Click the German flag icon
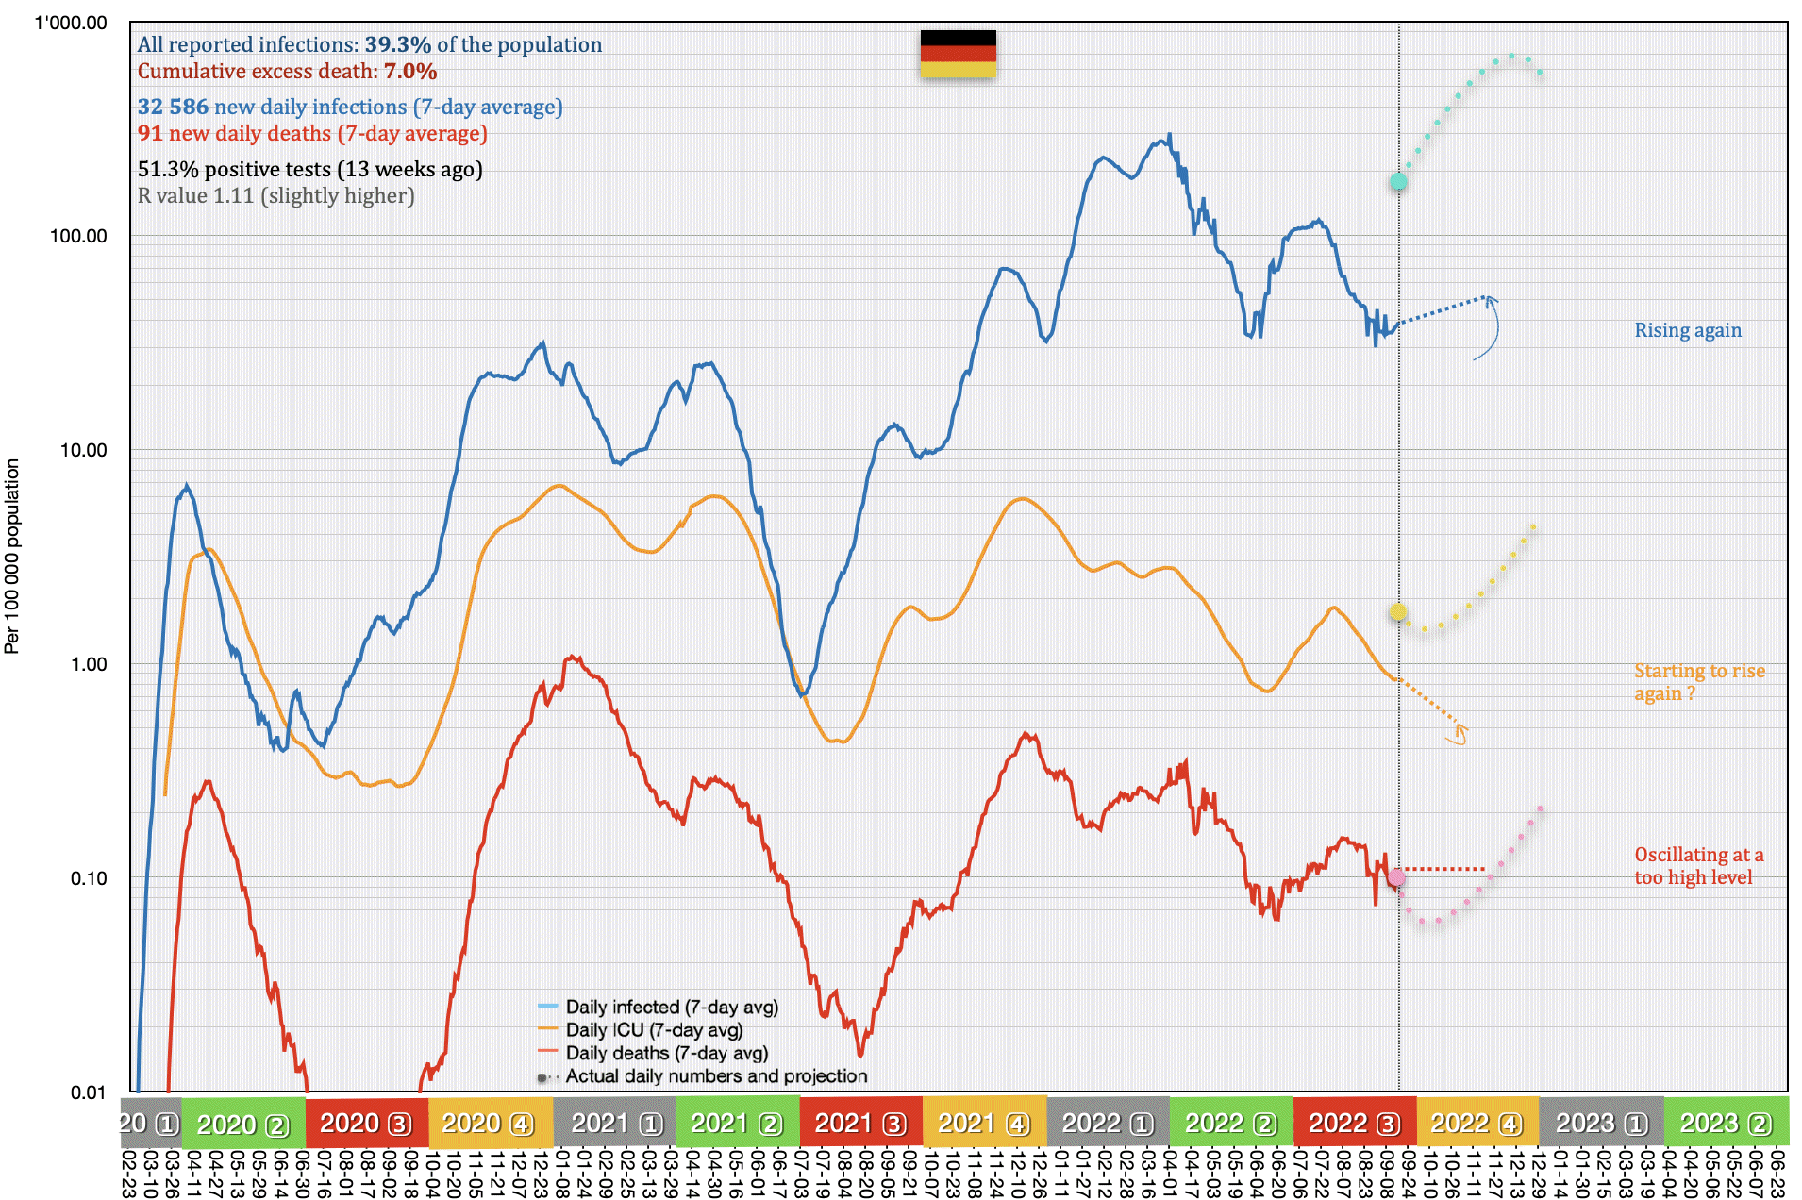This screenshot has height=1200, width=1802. [x=958, y=54]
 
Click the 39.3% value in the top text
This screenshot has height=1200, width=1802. [x=397, y=44]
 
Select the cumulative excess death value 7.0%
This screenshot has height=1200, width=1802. [x=409, y=71]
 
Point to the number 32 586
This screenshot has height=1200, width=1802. [x=173, y=107]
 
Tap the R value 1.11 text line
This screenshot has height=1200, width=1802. [x=275, y=195]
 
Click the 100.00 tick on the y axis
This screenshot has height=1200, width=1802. [x=78, y=236]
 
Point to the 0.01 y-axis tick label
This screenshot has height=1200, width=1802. [x=88, y=1092]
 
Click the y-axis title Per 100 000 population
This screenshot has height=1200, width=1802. [x=12, y=556]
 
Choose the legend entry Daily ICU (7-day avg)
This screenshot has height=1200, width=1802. [x=653, y=1030]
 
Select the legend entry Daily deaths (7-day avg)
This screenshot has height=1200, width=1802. [x=666, y=1053]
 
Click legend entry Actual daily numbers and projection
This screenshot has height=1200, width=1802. [x=715, y=1076]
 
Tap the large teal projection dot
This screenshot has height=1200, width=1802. [x=1398, y=182]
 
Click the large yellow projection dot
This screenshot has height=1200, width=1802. [x=1398, y=611]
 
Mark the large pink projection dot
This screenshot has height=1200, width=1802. [x=1397, y=878]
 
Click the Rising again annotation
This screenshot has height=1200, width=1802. [x=1688, y=330]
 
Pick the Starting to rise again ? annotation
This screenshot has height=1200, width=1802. [x=1698, y=682]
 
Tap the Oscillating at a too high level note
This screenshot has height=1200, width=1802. [x=1698, y=866]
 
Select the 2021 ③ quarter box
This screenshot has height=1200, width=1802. [x=860, y=1123]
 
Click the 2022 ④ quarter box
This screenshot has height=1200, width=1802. [x=1477, y=1123]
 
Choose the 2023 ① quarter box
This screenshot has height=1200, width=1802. [x=1601, y=1123]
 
